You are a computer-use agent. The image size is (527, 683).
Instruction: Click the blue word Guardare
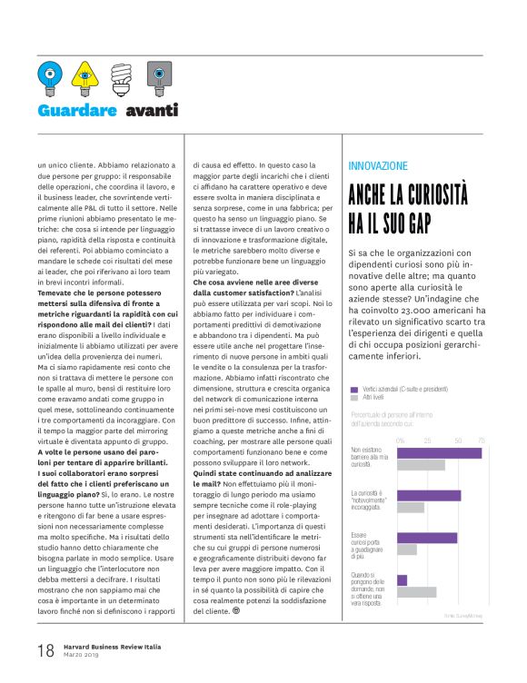(x=77, y=111)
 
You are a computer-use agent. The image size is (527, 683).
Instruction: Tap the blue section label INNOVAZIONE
(x=379, y=166)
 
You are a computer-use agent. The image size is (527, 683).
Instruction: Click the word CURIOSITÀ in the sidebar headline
(x=453, y=197)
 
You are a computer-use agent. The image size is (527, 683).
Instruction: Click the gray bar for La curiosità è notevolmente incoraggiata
(x=411, y=507)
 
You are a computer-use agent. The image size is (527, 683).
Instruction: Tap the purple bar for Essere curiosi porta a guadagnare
(x=427, y=537)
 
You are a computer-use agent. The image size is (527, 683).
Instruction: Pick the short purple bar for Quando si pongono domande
(x=403, y=579)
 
